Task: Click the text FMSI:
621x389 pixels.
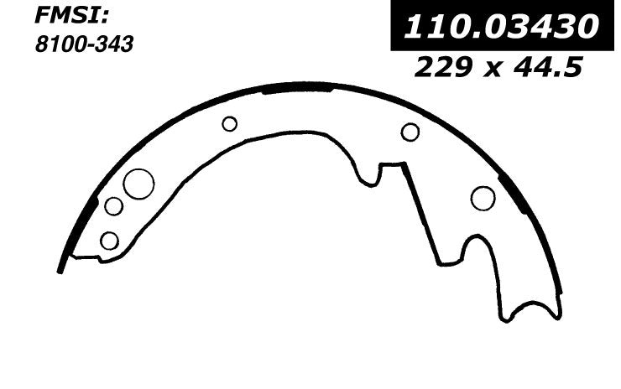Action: [x=71, y=16]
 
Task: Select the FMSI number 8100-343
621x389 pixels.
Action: [x=84, y=44]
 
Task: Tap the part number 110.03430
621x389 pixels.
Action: [x=500, y=27]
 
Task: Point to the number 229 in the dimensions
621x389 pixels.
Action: [x=443, y=67]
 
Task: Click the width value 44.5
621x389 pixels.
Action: [x=548, y=67]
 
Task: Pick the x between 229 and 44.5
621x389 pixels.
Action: [x=493, y=70]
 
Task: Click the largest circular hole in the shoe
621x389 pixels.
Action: [x=138, y=184]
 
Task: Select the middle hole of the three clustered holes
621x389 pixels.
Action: [x=113, y=206]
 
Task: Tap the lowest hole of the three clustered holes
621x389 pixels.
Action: [x=109, y=241]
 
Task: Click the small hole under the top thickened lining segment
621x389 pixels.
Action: [x=230, y=124]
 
